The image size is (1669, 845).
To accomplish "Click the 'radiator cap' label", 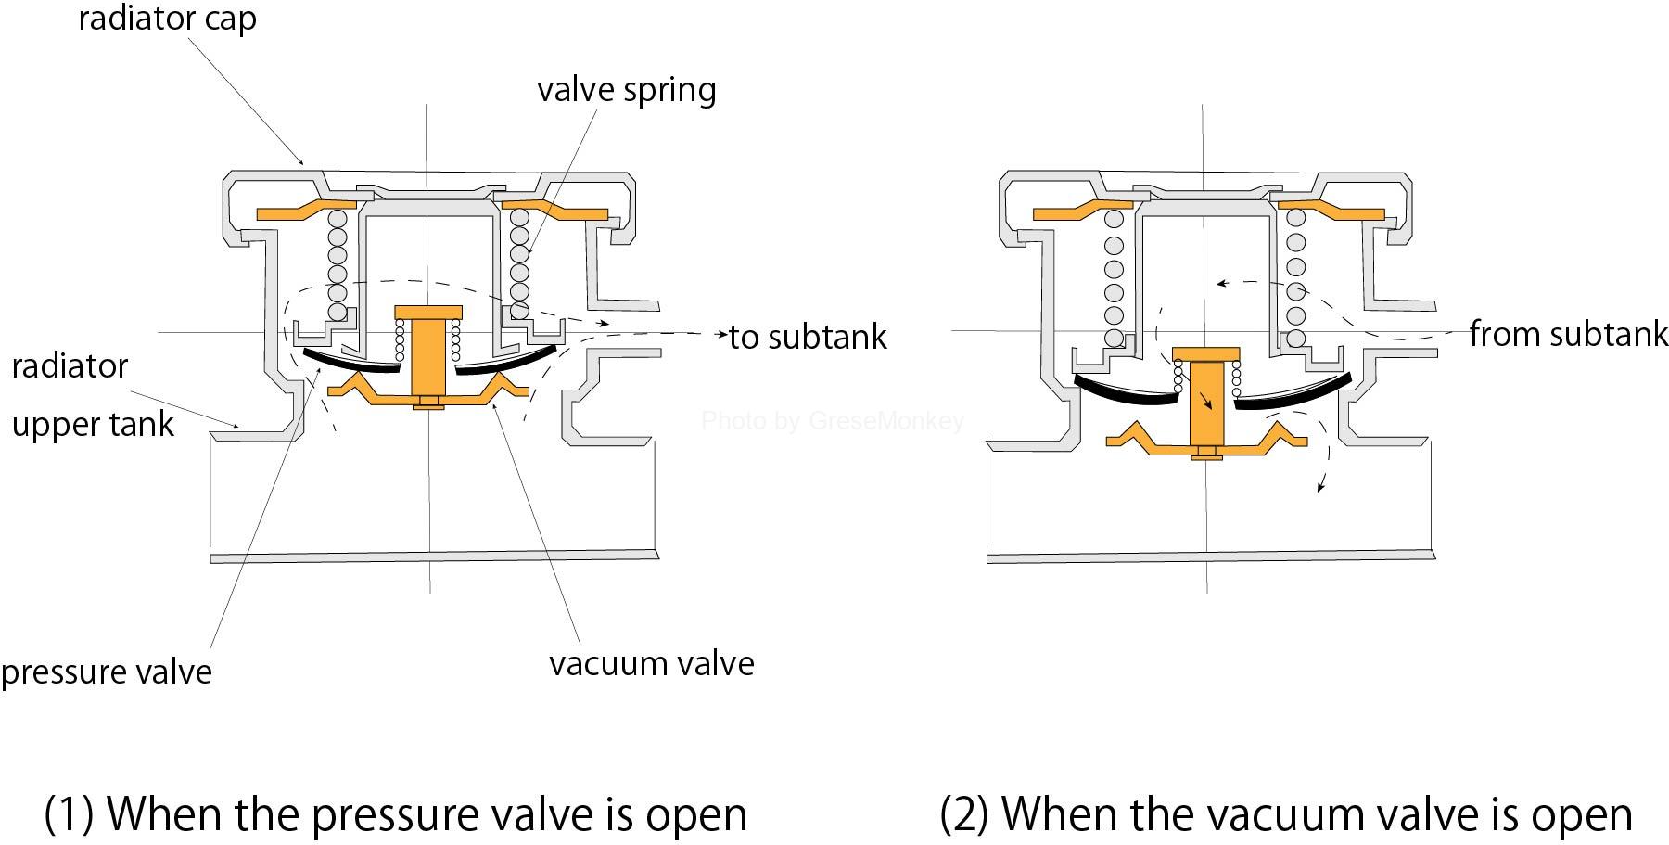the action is point(167,19).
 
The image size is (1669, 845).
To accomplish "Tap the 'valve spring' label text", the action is point(627,90).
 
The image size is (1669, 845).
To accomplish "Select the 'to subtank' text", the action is point(809,336).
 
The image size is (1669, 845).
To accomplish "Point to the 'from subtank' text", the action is point(1569,333).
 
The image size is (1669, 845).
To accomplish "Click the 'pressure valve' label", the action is point(107,672).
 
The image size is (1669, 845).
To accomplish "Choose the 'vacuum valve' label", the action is point(652,663).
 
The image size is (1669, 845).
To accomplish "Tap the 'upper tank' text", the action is point(93,425).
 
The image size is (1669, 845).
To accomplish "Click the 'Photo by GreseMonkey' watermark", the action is point(833,421).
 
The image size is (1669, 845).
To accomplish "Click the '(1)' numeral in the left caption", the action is point(70,813).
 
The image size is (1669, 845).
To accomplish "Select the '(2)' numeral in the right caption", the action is point(964,813).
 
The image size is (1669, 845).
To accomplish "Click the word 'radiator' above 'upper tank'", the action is point(70,365).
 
